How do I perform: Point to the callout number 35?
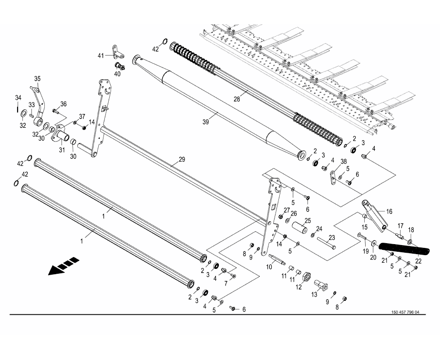click(x=37, y=78)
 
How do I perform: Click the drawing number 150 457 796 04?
click(x=405, y=313)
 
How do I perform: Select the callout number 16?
click(x=402, y=211)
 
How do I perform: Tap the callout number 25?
click(x=307, y=220)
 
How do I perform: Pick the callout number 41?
click(x=101, y=56)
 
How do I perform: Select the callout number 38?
click(x=343, y=162)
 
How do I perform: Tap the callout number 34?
click(x=18, y=98)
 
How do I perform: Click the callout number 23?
click(x=331, y=238)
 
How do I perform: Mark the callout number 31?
click(x=61, y=151)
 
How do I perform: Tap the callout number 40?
click(x=117, y=74)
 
